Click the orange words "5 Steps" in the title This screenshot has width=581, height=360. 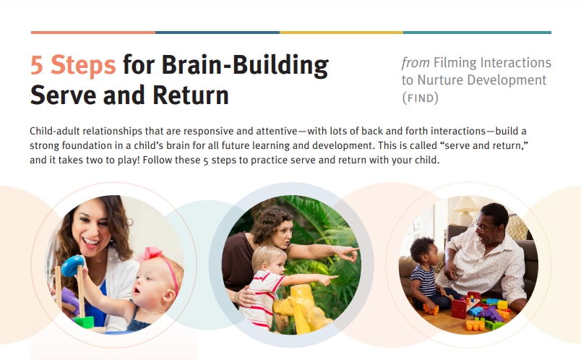tap(73, 65)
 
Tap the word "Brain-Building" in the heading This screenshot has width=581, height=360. tap(245, 66)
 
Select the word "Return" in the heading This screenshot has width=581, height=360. tap(191, 95)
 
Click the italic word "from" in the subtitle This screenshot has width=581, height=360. tap(416, 63)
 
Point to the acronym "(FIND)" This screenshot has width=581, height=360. tap(420, 98)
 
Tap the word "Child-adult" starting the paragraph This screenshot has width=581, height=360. tap(55, 132)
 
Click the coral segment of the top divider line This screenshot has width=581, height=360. tap(93, 33)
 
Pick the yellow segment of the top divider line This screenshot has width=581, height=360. tap(341, 33)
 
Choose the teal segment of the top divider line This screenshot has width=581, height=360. tap(477, 33)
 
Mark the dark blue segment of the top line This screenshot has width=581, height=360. tap(218, 33)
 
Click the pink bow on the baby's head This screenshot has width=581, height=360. tap(152, 253)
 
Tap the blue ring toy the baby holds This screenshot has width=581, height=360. tap(72, 266)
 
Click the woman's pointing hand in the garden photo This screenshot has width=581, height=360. tap(348, 253)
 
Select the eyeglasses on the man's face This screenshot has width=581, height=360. tap(483, 228)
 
